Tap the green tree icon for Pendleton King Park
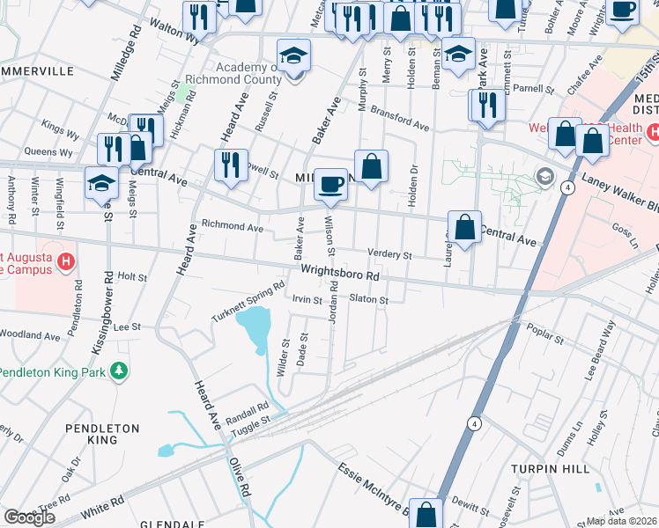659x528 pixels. (118, 372)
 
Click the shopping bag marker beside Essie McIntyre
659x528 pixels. (426, 514)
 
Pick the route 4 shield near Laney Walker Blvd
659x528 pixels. (570, 188)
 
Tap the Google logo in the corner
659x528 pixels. (29, 517)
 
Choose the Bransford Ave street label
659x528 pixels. (400, 120)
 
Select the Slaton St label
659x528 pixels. (369, 300)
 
